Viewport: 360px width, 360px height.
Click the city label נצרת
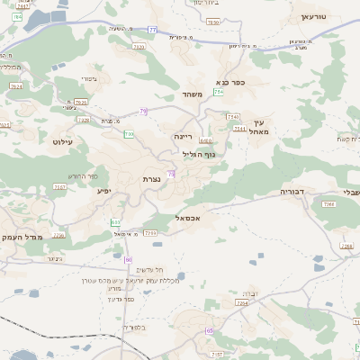(150, 179)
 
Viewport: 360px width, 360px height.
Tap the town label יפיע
(103, 191)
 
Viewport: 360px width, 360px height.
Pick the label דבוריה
(293, 192)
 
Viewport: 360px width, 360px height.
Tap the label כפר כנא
(244, 82)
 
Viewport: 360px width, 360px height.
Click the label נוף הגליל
(199, 154)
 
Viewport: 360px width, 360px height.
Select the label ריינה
(183, 136)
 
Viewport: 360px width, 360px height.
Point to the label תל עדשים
(147, 270)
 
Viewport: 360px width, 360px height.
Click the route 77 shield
(152, 31)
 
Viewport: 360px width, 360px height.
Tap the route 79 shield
(143, 112)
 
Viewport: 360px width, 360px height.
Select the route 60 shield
(128, 259)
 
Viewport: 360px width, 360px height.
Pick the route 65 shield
(209, 331)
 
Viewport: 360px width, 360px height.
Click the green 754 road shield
(218, 93)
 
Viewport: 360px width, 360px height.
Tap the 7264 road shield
(241, 303)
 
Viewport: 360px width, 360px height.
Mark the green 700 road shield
(129, 134)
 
